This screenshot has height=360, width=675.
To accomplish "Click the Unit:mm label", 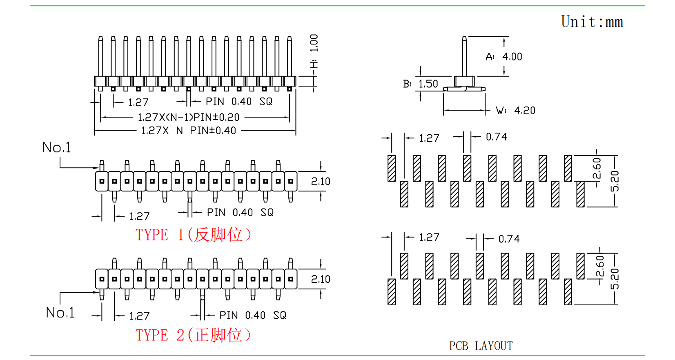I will point(592,22).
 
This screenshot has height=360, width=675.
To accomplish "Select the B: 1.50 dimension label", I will point(421,84).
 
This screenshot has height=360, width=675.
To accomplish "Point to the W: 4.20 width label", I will point(516,111).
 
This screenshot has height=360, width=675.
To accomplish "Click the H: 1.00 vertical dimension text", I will point(314,51).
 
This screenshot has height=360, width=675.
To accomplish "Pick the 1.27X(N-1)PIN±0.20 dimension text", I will point(188,118).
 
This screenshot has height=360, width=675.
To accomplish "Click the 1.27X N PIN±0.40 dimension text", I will point(188,131).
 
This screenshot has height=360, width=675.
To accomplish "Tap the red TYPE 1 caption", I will point(193,235).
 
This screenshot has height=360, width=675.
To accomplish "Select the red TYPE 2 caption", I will point(193,336).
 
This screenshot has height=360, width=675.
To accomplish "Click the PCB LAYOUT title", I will point(481,346).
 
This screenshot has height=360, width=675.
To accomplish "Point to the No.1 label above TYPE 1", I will point(57,148).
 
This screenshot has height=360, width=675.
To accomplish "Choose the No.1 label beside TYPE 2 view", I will point(60,313).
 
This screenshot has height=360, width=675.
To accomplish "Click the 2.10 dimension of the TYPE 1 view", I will point(321,182).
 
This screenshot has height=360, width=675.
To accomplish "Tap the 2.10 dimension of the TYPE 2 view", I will point(321,280).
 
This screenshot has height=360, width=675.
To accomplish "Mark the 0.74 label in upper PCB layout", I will point(496,137).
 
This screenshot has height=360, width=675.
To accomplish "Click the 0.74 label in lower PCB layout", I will point(509,239).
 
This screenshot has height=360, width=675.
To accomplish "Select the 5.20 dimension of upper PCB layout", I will point(615,181).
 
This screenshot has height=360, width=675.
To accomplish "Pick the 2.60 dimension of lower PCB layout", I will point(599,267).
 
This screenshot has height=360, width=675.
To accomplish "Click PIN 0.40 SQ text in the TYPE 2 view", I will point(253,316).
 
